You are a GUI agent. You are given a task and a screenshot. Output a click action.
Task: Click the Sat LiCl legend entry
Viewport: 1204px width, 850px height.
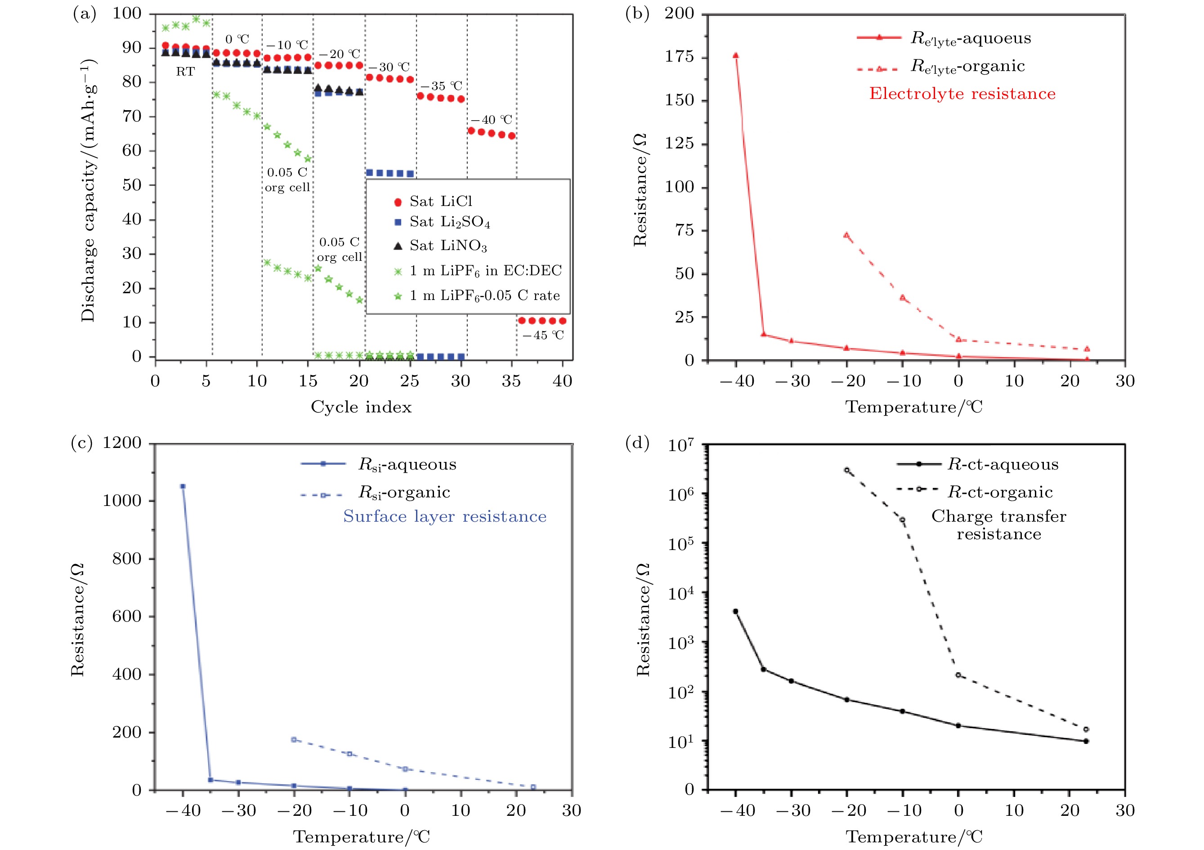[440, 202]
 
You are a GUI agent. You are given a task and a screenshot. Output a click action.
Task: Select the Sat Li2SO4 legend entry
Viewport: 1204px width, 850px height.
[449, 222]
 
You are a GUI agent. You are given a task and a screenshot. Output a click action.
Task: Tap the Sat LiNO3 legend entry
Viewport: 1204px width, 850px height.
[448, 246]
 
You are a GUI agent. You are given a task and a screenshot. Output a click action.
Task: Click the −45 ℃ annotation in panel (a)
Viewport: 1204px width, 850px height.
[543, 336]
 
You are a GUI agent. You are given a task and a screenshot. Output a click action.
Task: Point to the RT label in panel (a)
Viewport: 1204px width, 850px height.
[185, 72]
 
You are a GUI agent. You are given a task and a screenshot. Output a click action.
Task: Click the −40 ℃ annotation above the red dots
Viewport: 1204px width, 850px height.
[491, 120]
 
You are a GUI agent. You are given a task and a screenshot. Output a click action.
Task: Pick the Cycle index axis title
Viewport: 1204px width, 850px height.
[361, 407]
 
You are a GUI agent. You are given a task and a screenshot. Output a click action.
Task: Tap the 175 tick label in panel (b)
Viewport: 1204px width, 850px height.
[680, 57]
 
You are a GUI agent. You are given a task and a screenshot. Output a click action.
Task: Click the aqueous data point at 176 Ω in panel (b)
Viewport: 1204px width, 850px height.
[736, 56]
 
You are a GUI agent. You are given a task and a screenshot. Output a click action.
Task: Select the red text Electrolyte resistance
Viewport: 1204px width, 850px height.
[962, 94]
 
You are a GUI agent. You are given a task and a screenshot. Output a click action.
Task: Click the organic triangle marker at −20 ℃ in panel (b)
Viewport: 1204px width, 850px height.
[846, 236]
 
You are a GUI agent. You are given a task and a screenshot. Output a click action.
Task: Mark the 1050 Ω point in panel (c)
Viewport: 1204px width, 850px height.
[183, 487]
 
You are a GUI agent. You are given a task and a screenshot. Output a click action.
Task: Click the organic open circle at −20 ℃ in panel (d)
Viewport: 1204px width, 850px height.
[846, 470]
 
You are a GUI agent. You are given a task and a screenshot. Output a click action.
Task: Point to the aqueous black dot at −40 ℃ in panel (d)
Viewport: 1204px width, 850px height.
[735, 611]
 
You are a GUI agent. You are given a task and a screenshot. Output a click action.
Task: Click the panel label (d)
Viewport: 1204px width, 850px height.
[637, 443]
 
